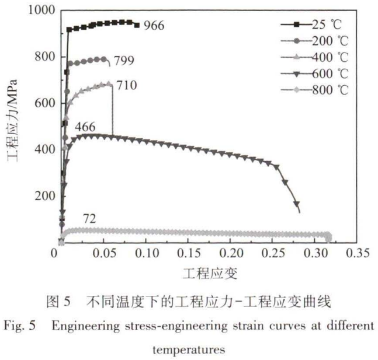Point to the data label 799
pyautogui.click(x=125, y=60)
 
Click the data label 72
pyautogui.click(x=89, y=219)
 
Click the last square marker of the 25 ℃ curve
pyautogui.click(x=137, y=25)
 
